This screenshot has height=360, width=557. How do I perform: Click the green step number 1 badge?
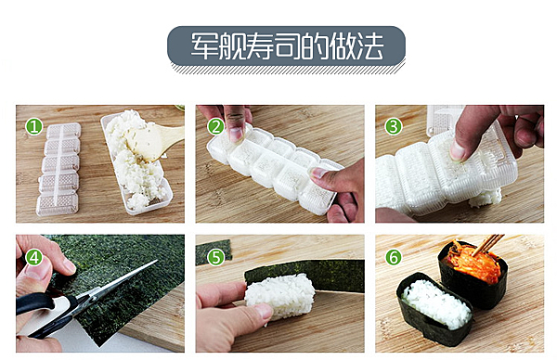34,127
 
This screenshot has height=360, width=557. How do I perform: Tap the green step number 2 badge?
215,127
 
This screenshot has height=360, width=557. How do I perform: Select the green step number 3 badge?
394,127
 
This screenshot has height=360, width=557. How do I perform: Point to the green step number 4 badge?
34,257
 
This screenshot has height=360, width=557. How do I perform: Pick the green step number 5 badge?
215,257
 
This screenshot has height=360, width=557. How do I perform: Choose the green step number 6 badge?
394,257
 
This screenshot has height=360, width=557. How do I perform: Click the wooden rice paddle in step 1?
156,141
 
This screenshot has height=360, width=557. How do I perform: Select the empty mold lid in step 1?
58,169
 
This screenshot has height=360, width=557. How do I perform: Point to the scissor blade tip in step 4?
157,261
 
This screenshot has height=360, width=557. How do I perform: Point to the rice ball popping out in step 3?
485,198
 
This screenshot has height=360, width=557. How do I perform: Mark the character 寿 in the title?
260,45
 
